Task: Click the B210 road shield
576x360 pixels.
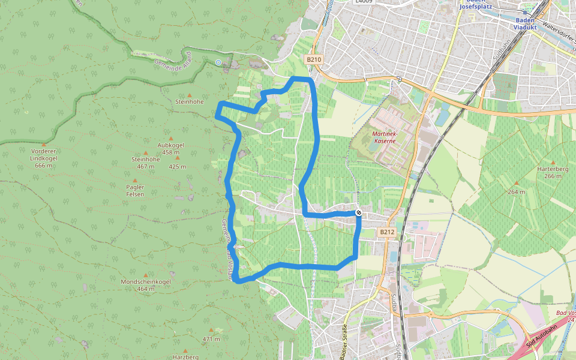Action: click(314, 59)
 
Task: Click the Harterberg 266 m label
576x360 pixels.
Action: click(553, 173)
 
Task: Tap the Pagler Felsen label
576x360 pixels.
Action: click(135, 191)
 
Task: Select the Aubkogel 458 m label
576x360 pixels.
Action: click(170, 149)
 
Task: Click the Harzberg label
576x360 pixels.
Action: click(185, 357)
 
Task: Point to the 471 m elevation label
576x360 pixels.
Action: click(211, 339)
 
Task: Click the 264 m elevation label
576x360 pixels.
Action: click(516, 192)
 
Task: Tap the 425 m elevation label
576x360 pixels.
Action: click(178, 167)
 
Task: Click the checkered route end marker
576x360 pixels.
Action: click(359, 212)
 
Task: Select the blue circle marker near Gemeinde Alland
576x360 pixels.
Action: click(218, 62)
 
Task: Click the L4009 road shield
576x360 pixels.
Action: click(363, 2)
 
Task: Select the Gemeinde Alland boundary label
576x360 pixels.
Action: click(172, 62)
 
